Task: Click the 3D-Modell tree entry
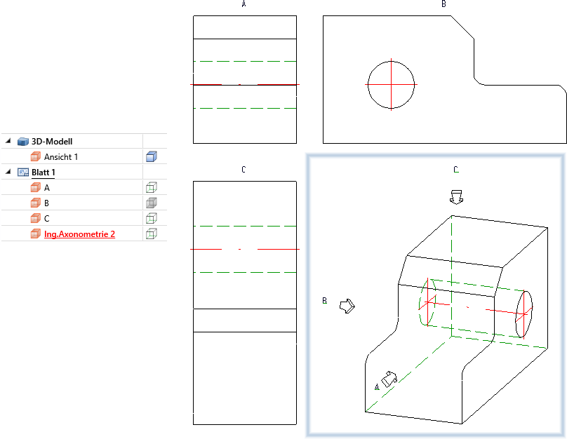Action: [x=52, y=141]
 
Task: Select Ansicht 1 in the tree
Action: [x=61, y=157]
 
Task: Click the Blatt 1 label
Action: [x=43, y=173]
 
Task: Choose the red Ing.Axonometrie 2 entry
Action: [x=79, y=234]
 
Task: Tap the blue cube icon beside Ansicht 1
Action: [x=151, y=157]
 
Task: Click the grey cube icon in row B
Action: [x=151, y=203]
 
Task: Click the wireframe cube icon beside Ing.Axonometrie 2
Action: [x=151, y=234]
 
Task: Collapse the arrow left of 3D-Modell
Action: [x=8, y=141]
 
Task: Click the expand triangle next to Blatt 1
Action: [x=8, y=172]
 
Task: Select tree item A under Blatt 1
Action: [x=46, y=188]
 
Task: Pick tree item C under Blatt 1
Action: [x=46, y=219]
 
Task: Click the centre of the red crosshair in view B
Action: [x=392, y=85]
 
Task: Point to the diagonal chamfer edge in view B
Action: [x=462, y=27]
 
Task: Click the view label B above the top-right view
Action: [x=443, y=4]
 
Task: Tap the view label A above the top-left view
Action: [x=244, y=4]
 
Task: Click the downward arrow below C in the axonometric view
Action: [x=456, y=197]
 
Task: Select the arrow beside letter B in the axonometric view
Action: [x=347, y=306]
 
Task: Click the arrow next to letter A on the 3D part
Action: [x=389, y=379]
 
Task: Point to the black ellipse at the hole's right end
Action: [x=524, y=314]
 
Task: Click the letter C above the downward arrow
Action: [x=456, y=170]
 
